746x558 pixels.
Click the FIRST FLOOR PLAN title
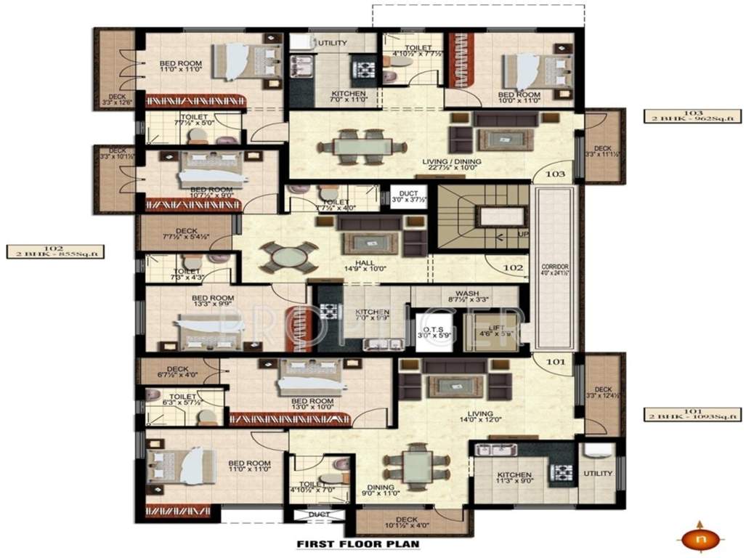[x=358, y=543]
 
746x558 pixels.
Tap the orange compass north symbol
[x=699, y=539]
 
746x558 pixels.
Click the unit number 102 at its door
[x=513, y=267]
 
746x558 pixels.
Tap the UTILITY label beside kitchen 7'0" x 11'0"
[x=331, y=44]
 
